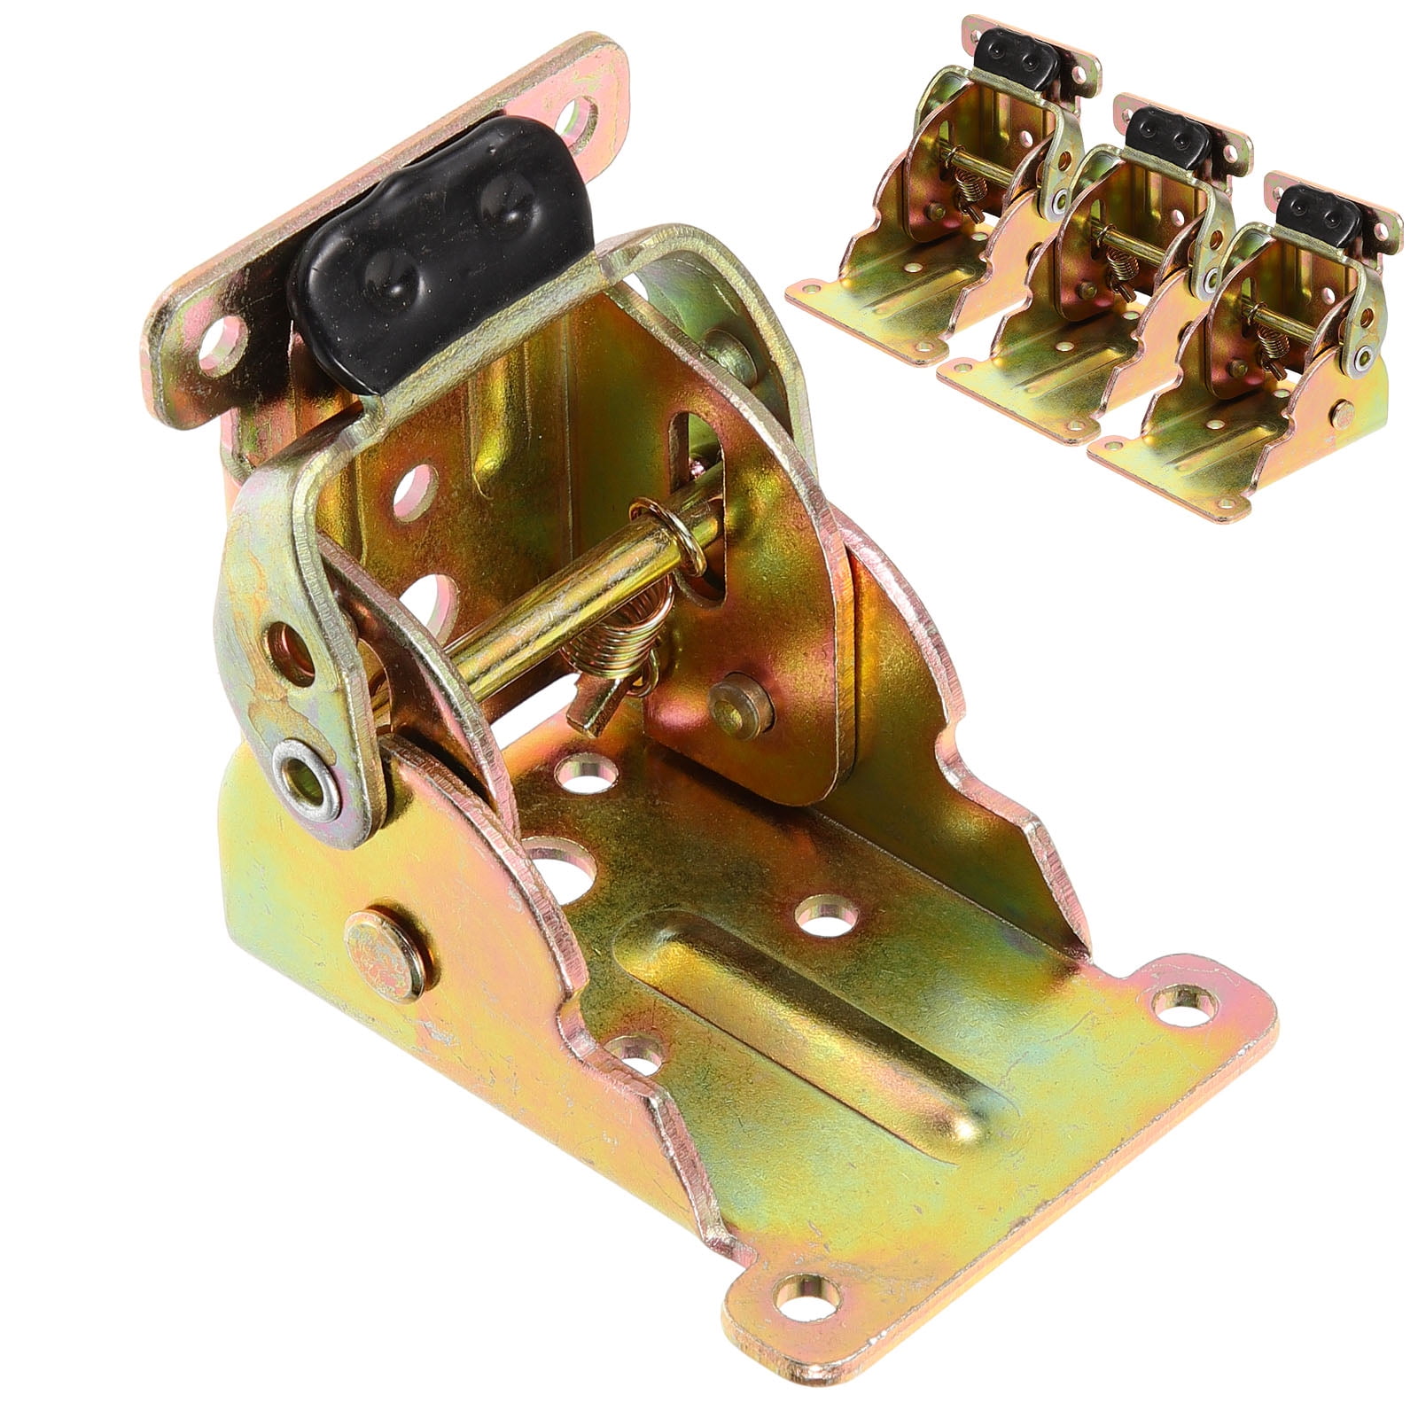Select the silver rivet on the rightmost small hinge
point(1357,358)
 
